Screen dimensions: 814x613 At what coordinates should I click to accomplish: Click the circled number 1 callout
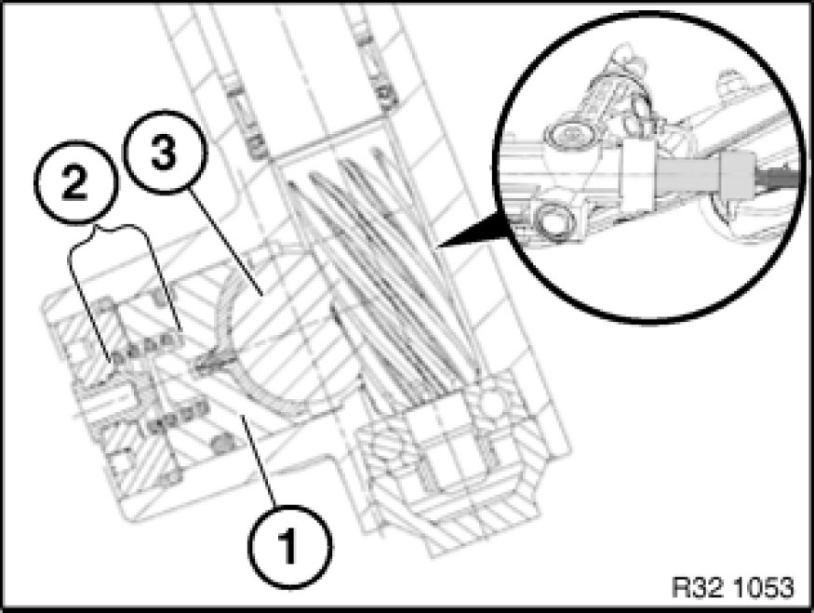(289, 547)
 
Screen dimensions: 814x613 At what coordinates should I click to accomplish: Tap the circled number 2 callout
(74, 182)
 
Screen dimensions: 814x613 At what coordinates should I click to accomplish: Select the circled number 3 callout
(165, 152)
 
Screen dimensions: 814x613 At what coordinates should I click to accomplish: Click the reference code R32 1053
(732, 588)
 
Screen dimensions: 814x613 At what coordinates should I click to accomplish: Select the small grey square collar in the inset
(735, 177)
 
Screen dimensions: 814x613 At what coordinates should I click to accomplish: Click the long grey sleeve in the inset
(687, 177)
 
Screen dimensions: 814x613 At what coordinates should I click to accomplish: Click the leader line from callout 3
(224, 243)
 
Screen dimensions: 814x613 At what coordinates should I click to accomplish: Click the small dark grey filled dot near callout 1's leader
(222, 443)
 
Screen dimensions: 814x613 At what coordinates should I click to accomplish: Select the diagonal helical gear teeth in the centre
(384, 270)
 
